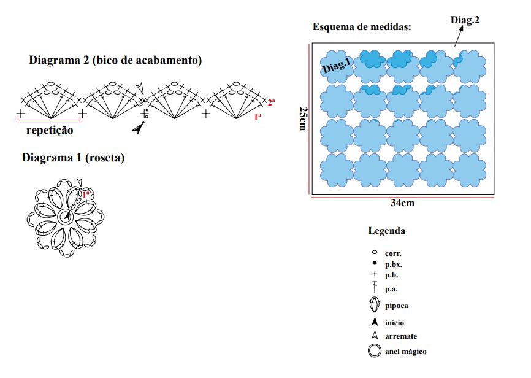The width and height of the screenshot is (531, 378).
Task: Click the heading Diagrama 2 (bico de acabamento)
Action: point(115,60)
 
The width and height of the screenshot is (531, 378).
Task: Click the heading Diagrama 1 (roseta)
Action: point(74,158)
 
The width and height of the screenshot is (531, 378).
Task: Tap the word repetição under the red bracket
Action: point(50,130)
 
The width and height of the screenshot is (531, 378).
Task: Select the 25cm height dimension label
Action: point(303,118)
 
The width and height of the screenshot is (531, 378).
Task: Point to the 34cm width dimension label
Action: point(402,202)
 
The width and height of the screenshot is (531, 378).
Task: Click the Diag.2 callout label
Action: point(465,20)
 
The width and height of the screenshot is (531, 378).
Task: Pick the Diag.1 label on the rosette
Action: point(337,65)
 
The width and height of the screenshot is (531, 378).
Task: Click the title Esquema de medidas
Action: point(362,27)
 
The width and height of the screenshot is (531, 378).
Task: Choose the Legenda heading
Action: point(387,231)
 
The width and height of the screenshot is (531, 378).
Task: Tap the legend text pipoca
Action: point(396,306)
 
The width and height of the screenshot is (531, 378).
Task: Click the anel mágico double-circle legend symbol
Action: point(375,350)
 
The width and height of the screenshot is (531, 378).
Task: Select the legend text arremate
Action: point(401,336)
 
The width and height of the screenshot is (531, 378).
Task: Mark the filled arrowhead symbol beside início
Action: point(375,322)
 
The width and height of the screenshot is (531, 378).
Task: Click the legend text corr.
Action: point(393,253)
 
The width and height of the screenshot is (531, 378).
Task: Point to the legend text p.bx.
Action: point(394,264)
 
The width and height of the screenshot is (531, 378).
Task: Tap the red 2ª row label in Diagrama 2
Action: point(271,102)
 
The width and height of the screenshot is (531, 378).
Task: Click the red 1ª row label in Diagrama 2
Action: point(258,117)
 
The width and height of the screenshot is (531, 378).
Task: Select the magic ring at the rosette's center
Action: point(66,217)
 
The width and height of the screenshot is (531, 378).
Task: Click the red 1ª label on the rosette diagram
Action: point(86,195)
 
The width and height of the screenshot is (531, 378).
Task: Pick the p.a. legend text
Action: point(391,290)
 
